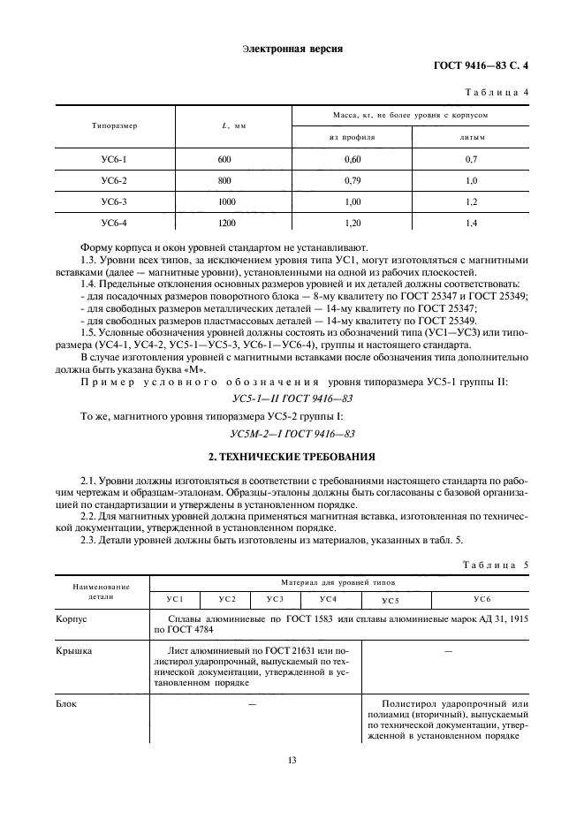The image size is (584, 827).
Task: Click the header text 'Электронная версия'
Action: pyautogui.click(x=292, y=49)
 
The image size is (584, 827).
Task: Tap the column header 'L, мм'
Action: pyautogui.click(x=233, y=126)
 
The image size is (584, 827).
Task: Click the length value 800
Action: pyautogui.click(x=224, y=180)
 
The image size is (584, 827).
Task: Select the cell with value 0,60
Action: pyautogui.click(x=352, y=159)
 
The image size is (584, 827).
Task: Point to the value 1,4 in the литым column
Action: pyautogui.click(x=472, y=223)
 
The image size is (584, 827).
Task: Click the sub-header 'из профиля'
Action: pyautogui.click(x=352, y=138)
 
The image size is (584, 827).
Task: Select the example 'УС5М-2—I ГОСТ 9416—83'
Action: pyautogui.click(x=292, y=433)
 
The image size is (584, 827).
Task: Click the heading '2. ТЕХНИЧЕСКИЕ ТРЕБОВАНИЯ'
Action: pyautogui.click(x=292, y=458)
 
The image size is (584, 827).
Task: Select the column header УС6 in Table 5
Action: pyautogui.click(x=482, y=600)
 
